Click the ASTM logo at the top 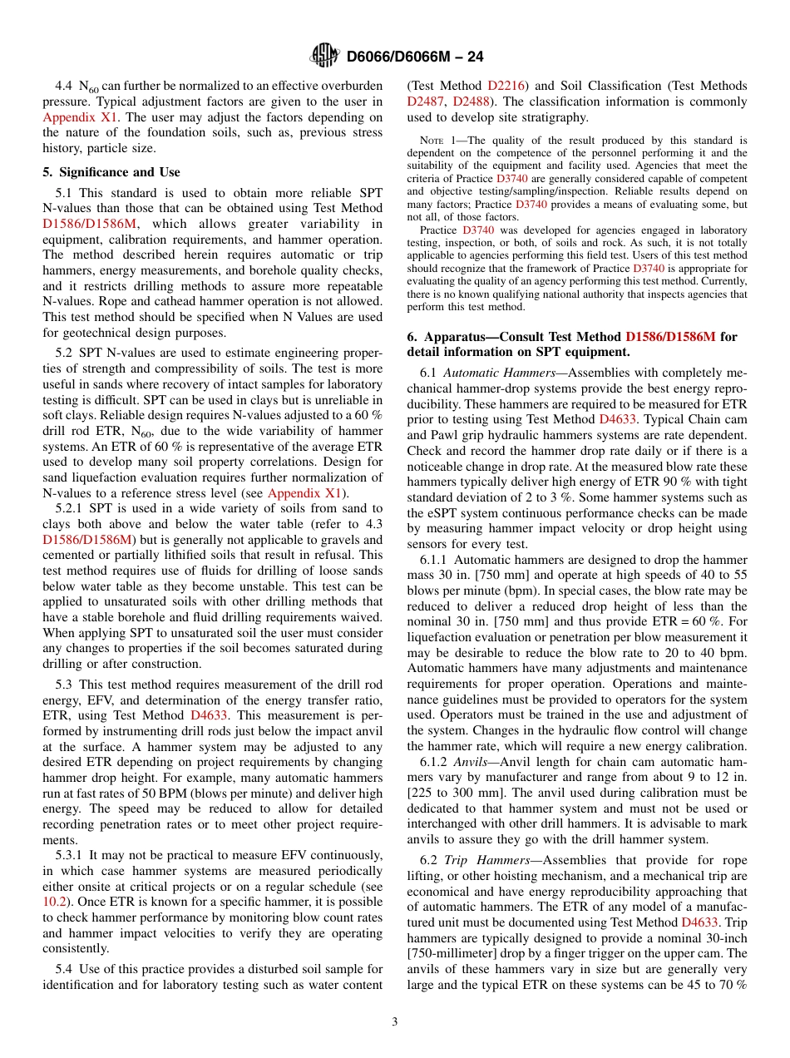324,56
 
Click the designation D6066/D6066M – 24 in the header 414,57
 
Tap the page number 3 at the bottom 395,1021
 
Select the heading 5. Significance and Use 111,172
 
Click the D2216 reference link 506,86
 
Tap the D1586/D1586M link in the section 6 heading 670,337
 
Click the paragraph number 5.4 65,968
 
